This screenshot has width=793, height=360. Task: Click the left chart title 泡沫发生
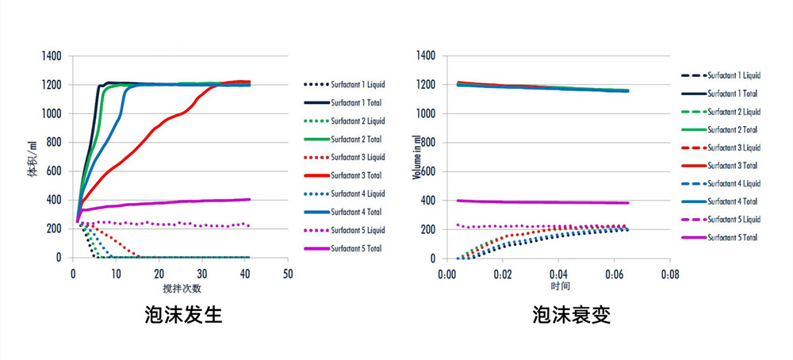pyautogui.click(x=184, y=315)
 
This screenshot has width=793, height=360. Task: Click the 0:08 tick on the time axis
pyautogui.click(x=670, y=274)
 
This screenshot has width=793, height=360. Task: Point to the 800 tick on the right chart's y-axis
pyautogui.click(x=427, y=143)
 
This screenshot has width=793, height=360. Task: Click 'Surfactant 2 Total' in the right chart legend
pyautogui.click(x=732, y=129)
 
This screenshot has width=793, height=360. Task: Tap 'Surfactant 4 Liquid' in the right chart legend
pyautogui.click(x=734, y=183)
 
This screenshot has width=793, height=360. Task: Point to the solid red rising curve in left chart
pyautogui.click(x=143, y=143)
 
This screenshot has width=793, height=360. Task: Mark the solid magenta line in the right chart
pyautogui.click(x=539, y=202)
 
